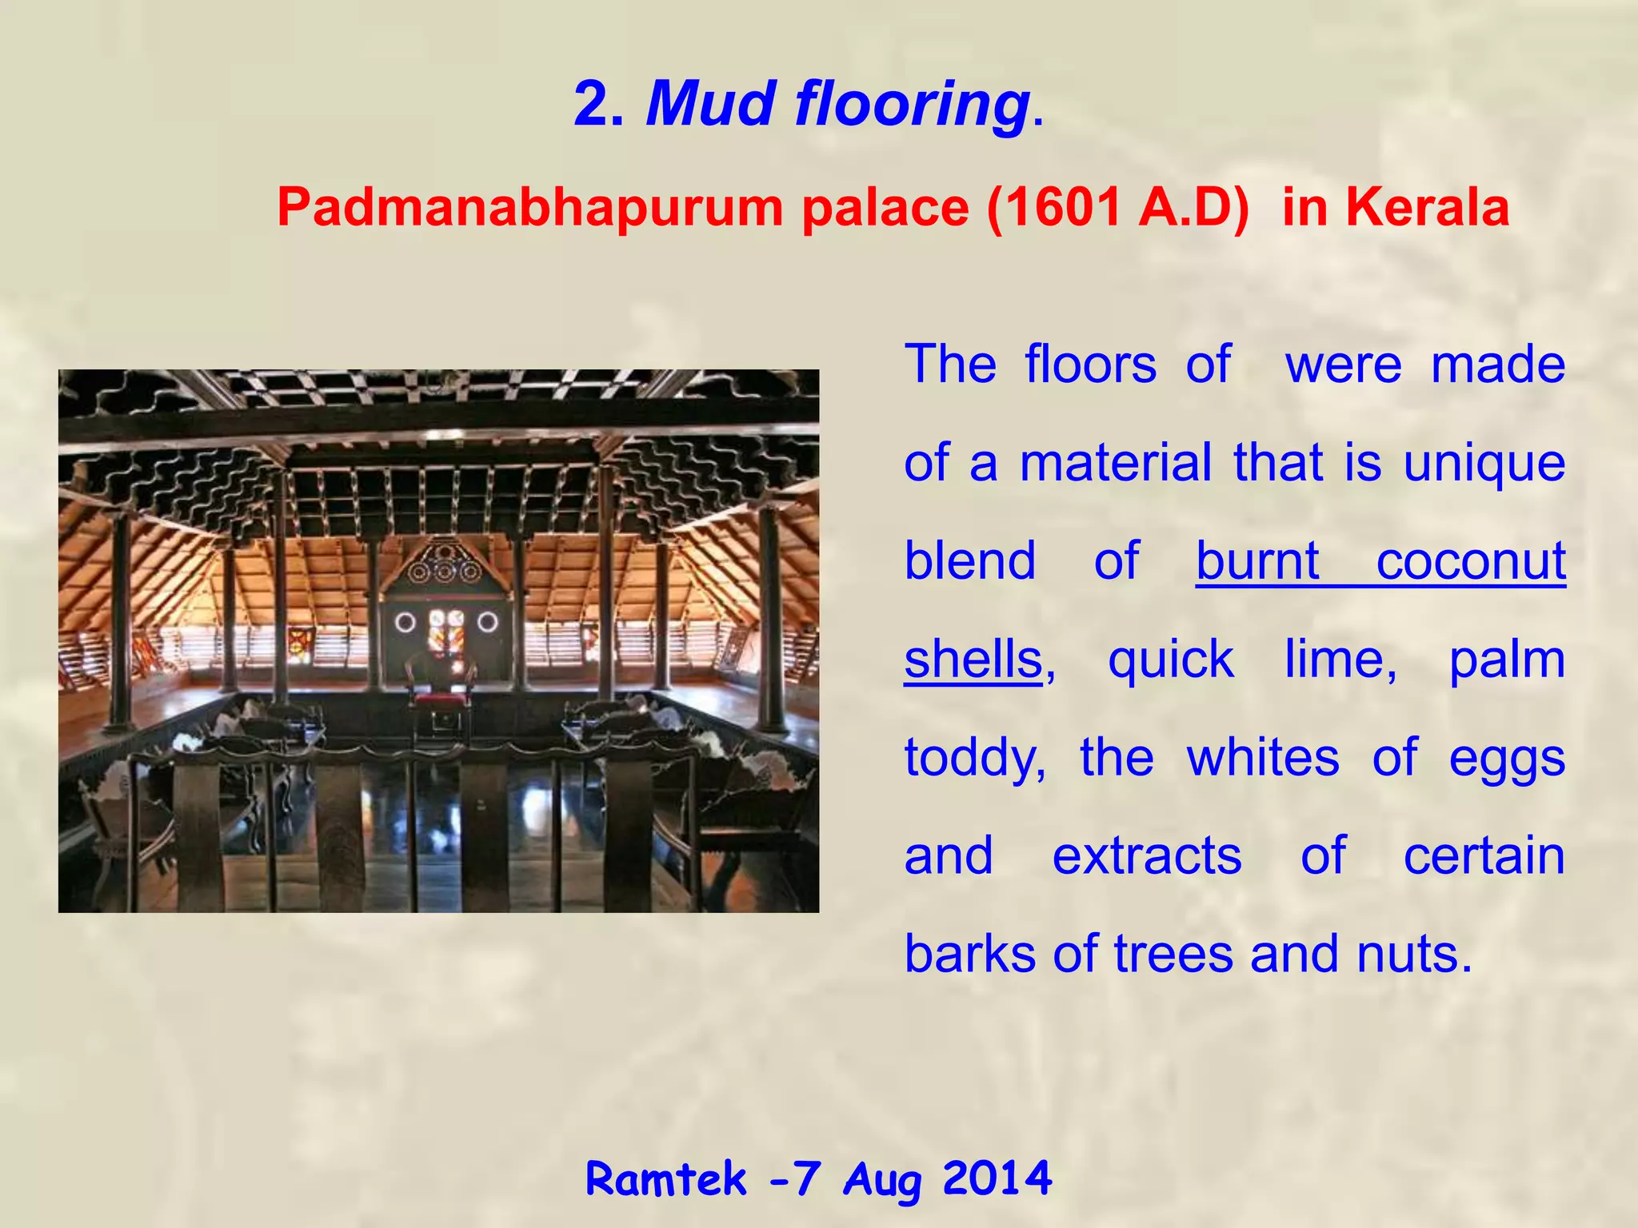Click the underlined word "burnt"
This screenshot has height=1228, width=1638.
(1257, 560)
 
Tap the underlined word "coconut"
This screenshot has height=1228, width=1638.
(1470, 560)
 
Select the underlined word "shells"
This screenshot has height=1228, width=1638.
(973, 660)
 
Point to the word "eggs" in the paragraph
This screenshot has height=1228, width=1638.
(1507, 758)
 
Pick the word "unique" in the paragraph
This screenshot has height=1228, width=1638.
(1484, 463)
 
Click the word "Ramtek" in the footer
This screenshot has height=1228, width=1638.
(665, 1178)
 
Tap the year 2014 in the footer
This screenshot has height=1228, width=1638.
(997, 1178)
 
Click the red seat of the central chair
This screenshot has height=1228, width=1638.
(439, 700)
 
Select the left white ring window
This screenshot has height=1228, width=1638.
(406, 621)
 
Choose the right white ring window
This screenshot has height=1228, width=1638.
(487, 621)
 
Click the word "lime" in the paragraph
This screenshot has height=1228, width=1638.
(1340, 660)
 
